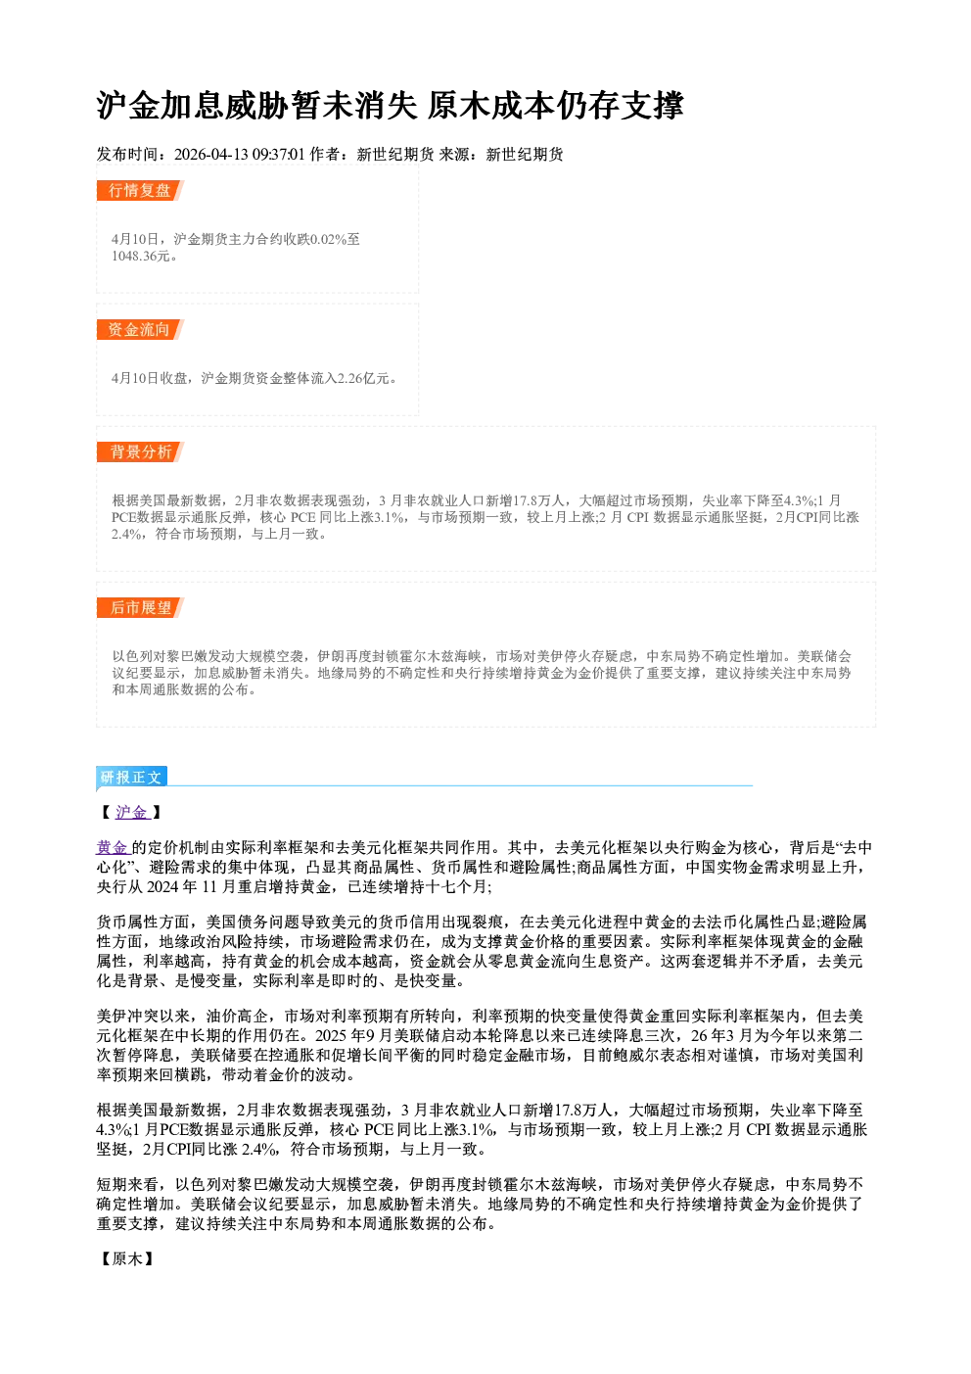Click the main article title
(x=390, y=105)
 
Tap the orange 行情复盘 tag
(x=140, y=190)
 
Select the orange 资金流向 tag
(x=140, y=329)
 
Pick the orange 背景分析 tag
(x=140, y=451)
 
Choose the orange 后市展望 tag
(x=140, y=607)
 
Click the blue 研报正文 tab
(x=131, y=777)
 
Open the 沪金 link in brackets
(x=132, y=812)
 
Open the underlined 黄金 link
(x=113, y=847)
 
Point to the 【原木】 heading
(x=127, y=1258)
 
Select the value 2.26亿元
(x=367, y=378)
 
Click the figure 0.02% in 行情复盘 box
(x=329, y=239)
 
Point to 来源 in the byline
(x=454, y=154)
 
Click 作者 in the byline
(x=325, y=154)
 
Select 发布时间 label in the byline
(x=127, y=154)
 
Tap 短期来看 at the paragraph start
(x=127, y=1184)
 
